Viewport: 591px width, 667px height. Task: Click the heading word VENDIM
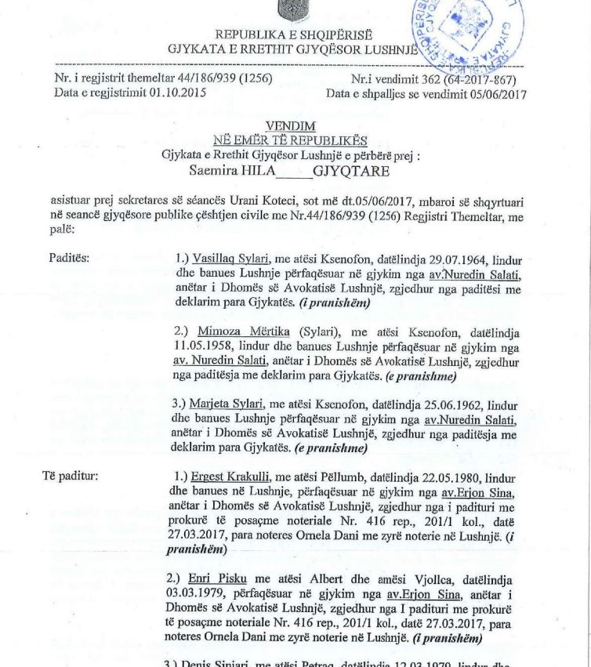pyautogui.click(x=291, y=125)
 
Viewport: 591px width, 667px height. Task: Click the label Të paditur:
pyautogui.click(x=71, y=475)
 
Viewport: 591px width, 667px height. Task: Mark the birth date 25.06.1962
pyautogui.click(x=450, y=404)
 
